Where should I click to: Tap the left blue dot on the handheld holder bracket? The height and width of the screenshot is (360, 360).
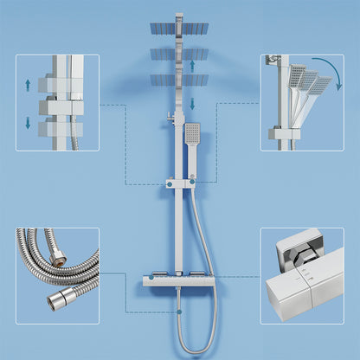click(x=170, y=183)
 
